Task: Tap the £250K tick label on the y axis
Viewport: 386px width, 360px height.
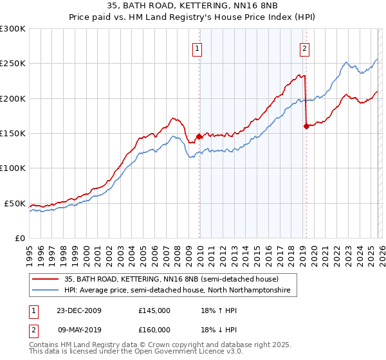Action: click(x=13, y=64)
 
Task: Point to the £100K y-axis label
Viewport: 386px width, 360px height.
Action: click(x=13, y=168)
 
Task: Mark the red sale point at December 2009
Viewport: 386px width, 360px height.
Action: click(x=199, y=136)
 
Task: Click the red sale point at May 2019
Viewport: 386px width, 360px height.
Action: click(x=306, y=126)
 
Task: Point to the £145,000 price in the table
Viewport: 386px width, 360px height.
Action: click(x=154, y=310)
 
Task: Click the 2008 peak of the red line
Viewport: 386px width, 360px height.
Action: click(x=174, y=118)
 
